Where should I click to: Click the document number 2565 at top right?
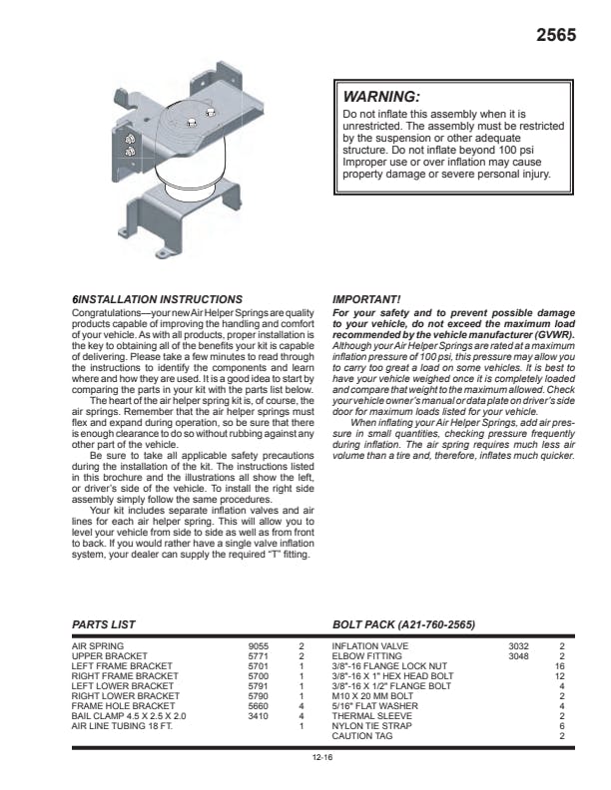click(556, 35)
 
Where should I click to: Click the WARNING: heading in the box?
click(381, 97)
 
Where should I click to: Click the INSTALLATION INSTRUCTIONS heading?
click(161, 299)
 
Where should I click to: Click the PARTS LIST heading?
click(104, 624)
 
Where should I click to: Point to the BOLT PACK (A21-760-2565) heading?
click(403, 624)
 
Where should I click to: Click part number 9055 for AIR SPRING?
click(258, 646)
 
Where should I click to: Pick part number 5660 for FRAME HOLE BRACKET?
click(258, 706)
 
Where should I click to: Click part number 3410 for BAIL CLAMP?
click(258, 716)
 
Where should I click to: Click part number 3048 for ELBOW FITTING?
click(518, 656)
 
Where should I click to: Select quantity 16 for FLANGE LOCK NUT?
click(560, 666)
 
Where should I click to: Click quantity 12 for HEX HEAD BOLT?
click(560, 676)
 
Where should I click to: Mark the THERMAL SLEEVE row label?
click(367, 716)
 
